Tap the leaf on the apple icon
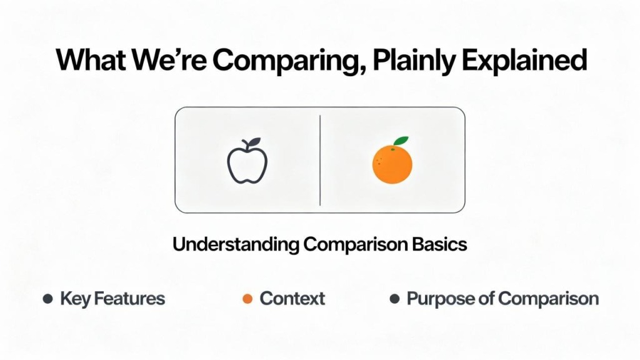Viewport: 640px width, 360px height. [254, 142]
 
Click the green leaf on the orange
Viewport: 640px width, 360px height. [401, 141]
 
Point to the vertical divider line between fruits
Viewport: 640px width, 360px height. [320, 161]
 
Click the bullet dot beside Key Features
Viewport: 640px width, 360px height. [47, 299]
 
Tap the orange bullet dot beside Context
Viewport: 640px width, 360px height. [247, 299]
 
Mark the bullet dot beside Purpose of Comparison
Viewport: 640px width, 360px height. [394, 299]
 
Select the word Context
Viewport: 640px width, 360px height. [292, 299]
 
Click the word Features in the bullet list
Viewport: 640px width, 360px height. [129, 299]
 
